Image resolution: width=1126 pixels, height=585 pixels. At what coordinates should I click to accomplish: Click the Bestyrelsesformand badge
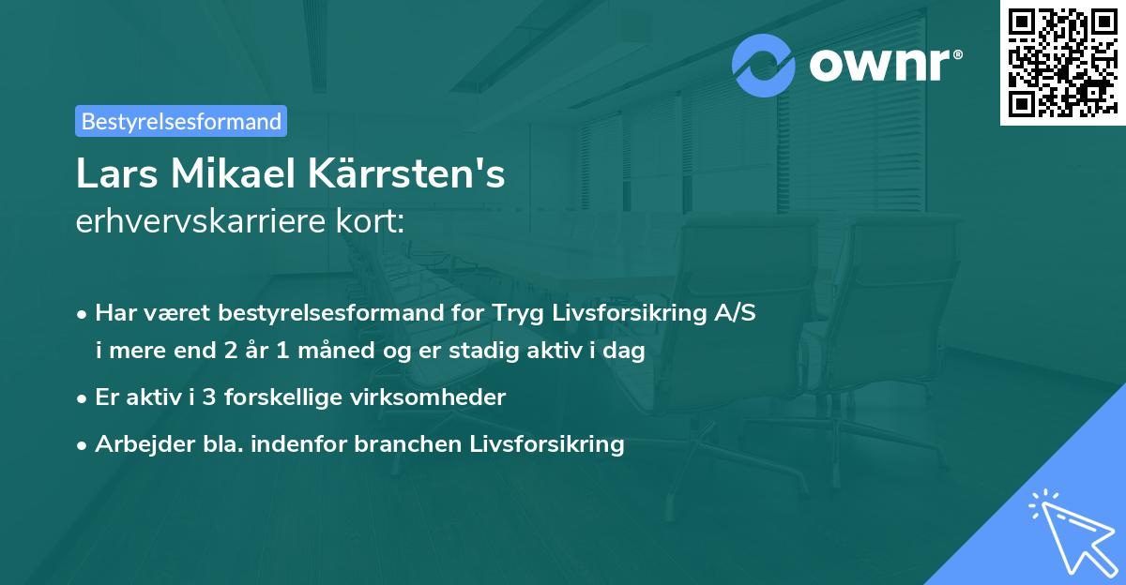181,121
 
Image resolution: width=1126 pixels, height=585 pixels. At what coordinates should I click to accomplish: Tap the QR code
1062,63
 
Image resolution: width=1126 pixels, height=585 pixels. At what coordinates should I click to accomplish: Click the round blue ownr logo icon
764,65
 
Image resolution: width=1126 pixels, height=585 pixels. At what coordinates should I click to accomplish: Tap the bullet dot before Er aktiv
83,398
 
